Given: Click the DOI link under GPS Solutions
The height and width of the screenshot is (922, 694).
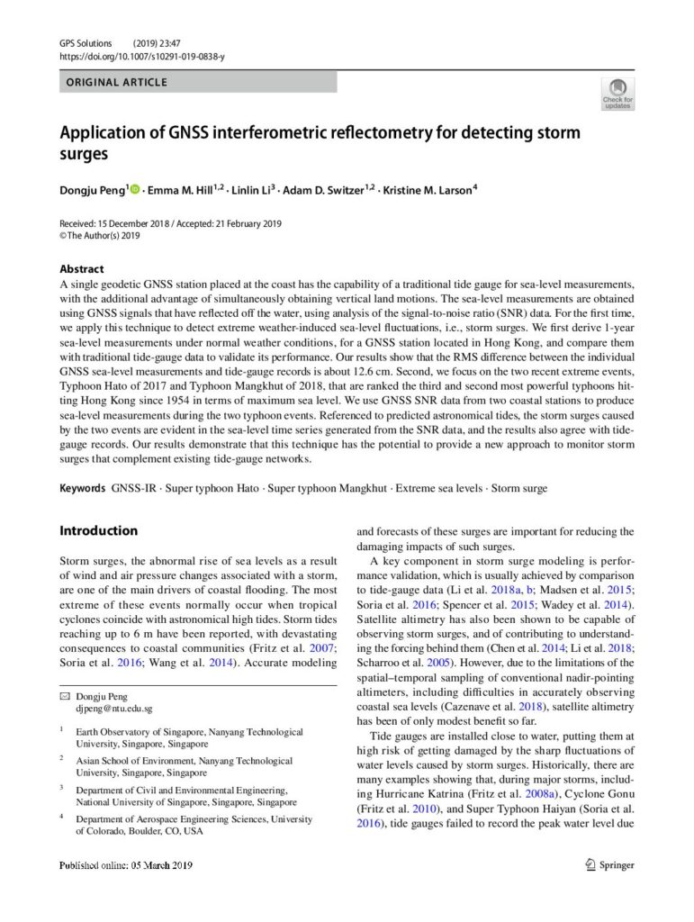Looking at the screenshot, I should tap(142, 57).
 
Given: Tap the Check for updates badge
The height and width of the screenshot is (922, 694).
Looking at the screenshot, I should tap(617, 94).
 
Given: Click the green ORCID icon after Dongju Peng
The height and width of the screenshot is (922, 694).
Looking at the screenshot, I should tap(136, 189).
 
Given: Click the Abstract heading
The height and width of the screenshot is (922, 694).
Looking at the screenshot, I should tap(81, 268).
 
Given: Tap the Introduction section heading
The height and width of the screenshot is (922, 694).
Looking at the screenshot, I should tap(98, 530).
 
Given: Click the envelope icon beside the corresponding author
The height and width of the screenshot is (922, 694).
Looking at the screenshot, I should tap(64, 697).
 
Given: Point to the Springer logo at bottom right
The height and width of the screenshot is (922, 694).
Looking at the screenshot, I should tap(609, 865).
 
